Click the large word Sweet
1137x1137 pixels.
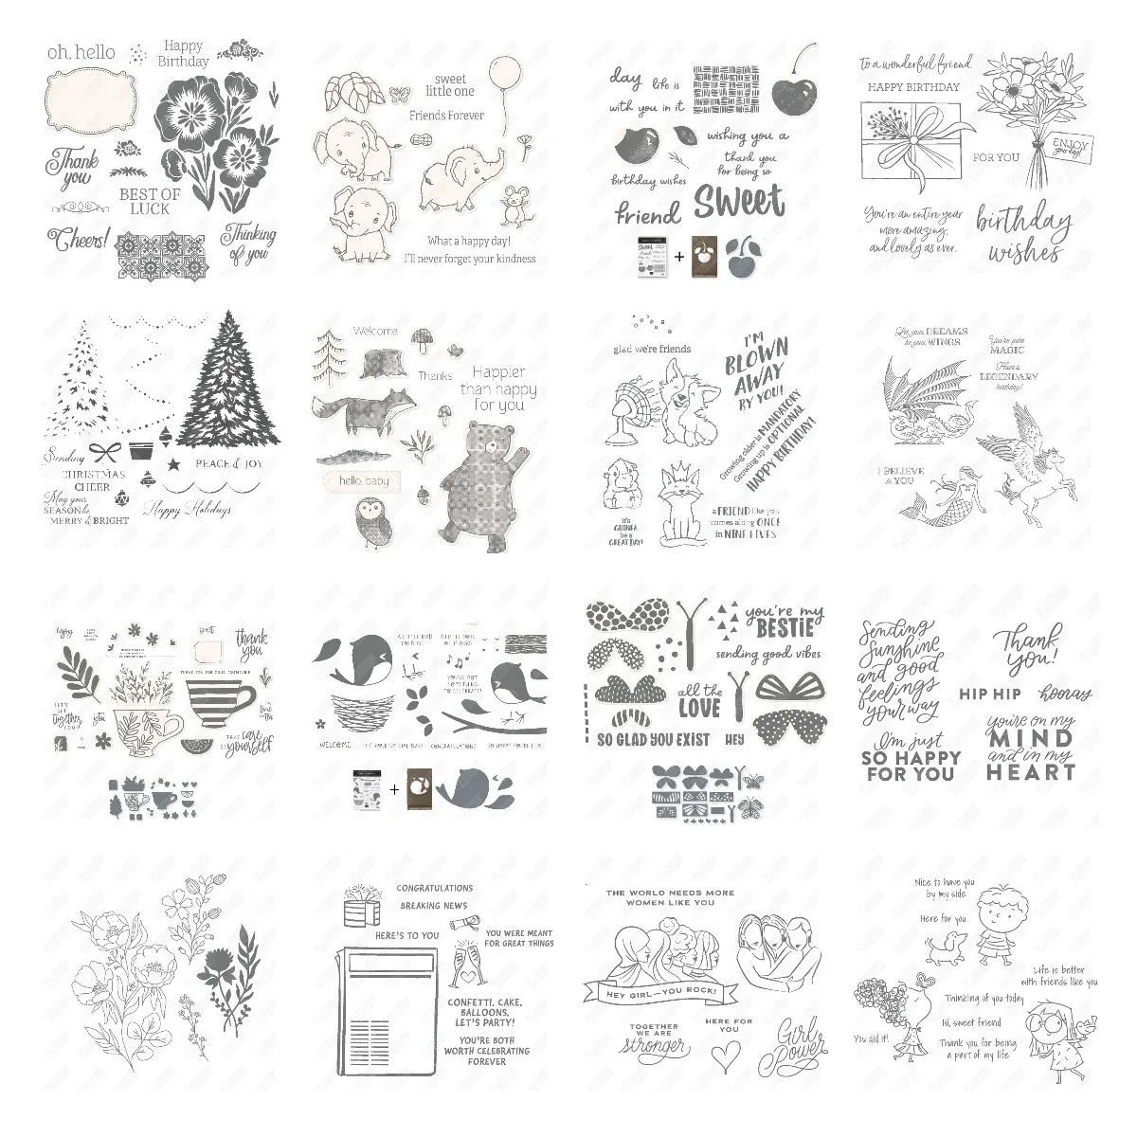[x=739, y=201]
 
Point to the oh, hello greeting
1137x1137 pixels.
[x=81, y=52]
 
